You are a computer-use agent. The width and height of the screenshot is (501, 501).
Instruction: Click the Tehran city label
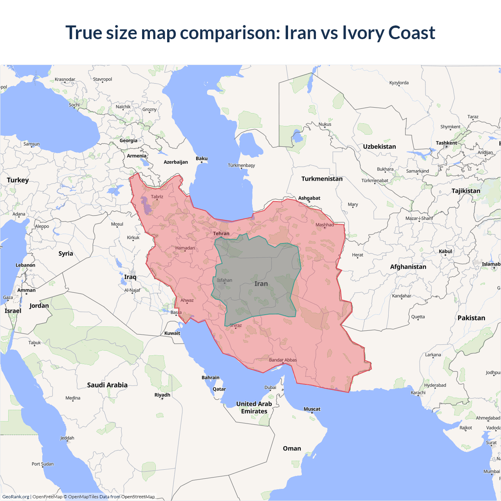coord(221,234)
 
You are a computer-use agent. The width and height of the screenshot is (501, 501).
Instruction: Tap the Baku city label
coord(202,159)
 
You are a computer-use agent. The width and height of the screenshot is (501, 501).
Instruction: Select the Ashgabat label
coord(309,198)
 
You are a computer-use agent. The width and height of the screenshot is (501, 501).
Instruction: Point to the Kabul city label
coord(445,251)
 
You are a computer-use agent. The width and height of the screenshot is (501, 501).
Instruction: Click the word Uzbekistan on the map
coord(379,146)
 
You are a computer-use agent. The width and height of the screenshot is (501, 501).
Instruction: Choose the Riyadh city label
coord(162,395)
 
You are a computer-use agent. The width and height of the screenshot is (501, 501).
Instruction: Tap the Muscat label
coord(312,409)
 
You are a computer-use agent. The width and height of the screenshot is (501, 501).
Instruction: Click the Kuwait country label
coord(172,333)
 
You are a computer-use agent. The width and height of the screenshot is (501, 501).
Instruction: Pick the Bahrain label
coord(211,378)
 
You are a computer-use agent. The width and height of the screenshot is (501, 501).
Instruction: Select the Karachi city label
coord(418,393)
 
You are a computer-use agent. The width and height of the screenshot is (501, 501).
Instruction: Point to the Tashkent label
coord(446,143)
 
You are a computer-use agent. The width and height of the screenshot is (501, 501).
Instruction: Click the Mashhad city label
coord(325,225)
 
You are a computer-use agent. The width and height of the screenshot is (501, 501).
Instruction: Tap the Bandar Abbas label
coord(283,360)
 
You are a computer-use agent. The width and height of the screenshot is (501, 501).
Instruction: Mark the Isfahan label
coord(225,280)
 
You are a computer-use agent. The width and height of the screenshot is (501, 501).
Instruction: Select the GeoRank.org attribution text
coord(16,497)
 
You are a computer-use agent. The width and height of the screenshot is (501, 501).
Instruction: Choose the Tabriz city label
coord(157,197)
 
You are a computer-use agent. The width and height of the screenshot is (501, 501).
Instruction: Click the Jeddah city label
coord(67,438)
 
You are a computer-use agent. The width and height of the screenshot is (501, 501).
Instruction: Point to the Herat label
coord(358,255)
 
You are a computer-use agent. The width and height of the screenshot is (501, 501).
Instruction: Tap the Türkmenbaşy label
coord(241,166)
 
